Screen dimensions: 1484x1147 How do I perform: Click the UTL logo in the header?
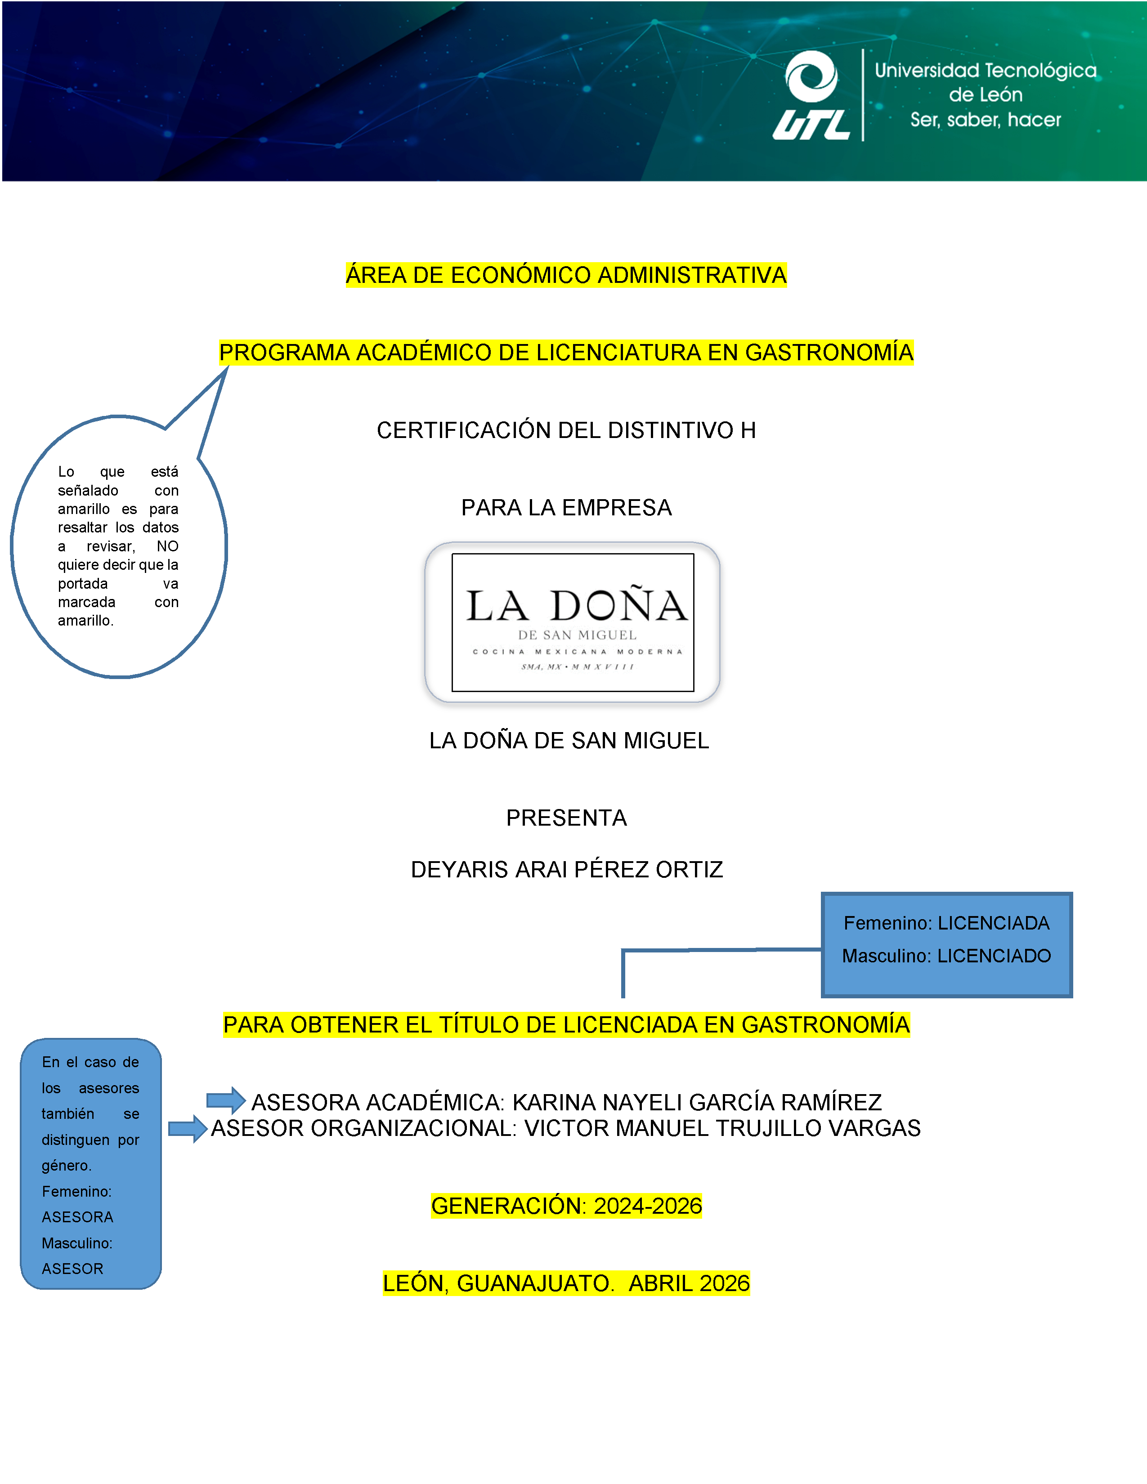click(x=811, y=96)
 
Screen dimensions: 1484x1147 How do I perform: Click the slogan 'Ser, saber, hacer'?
click(x=985, y=120)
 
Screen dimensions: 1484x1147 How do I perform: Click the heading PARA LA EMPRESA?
click(x=566, y=508)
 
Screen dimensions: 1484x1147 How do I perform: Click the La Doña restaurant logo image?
click(x=573, y=622)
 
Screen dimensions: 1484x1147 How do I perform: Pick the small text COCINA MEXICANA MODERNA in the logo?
click(x=577, y=652)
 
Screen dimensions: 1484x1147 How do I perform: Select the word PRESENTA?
click(x=566, y=818)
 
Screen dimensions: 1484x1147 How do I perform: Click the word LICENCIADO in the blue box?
click(x=994, y=956)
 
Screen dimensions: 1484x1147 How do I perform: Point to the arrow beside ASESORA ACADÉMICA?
click(x=226, y=1100)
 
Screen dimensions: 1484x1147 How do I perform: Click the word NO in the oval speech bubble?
click(x=167, y=546)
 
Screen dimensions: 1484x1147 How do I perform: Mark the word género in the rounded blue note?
click(x=66, y=1166)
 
